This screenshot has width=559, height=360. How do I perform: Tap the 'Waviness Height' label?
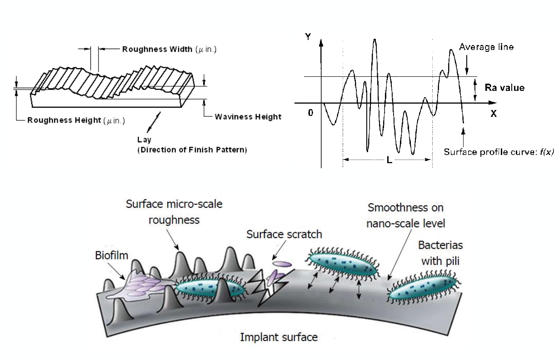[248, 117]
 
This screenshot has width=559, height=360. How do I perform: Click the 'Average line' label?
[486, 47]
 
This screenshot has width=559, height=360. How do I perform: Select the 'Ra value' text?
[504, 88]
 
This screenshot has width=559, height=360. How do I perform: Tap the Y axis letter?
[309, 37]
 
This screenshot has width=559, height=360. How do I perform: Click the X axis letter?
[493, 114]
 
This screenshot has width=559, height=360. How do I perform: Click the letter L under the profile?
[389, 160]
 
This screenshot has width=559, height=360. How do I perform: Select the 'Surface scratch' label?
[284, 235]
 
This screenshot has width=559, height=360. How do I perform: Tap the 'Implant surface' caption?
[279, 338]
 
